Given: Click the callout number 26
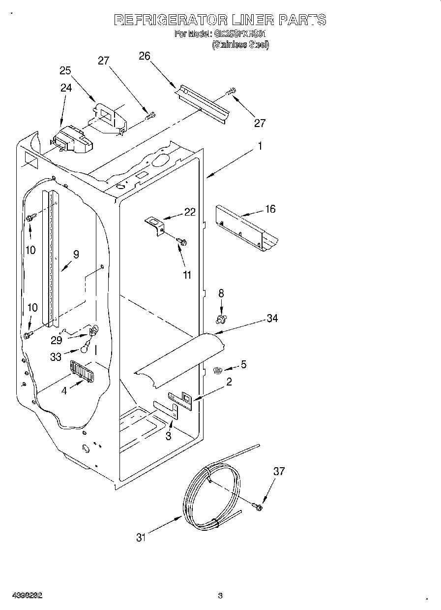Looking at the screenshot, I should point(144,56).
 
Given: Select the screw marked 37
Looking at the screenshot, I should point(257,506).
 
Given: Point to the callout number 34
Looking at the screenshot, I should point(272,319).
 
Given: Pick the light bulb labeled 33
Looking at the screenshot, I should point(86,349).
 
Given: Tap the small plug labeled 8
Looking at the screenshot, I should point(221,320).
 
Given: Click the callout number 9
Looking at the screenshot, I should point(76,255).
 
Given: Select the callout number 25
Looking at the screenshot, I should point(65,70).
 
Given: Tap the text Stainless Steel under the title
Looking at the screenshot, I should point(240,44).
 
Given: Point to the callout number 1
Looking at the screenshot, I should point(260,146).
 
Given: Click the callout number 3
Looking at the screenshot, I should point(168,436).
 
